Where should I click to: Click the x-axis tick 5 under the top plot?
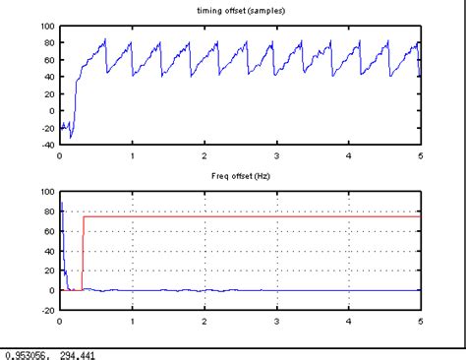[421, 156]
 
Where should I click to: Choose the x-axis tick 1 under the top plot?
[132, 156]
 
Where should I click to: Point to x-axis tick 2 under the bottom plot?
[204, 322]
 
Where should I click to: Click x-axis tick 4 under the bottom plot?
[349, 322]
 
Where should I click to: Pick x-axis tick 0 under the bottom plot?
[60, 322]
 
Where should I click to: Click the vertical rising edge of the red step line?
[83, 251]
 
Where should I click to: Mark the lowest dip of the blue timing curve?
[71, 137]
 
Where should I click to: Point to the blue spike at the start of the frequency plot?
[61, 207]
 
